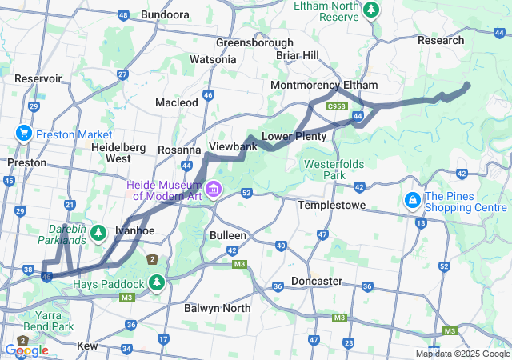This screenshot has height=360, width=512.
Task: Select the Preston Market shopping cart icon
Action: pyautogui.click(x=22, y=134)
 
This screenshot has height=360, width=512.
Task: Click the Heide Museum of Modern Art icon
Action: pyautogui.click(x=214, y=190)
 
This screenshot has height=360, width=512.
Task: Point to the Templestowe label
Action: pyautogui.click(x=331, y=206)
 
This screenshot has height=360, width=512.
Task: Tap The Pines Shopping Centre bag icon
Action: pyautogui.click(x=412, y=198)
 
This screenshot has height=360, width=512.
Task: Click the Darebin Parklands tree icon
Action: pyautogui.click(x=98, y=233)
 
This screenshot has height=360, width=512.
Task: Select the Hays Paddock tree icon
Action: pyautogui.click(x=157, y=283)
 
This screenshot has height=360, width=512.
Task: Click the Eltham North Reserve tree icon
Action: pyautogui.click(x=370, y=10)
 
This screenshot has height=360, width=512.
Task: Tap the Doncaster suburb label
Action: pyautogui.click(x=316, y=281)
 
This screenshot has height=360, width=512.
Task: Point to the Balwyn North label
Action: pyautogui.click(x=217, y=308)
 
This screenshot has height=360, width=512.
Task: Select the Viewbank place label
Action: pyautogui.click(x=233, y=147)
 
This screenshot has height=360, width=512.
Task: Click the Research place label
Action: pyautogui.click(x=440, y=40)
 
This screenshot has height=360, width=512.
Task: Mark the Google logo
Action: pyautogui.click(x=26, y=350)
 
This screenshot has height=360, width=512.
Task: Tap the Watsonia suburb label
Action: pyautogui.click(x=213, y=59)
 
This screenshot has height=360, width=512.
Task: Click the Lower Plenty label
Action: pyautogui.click(x=294, y=137)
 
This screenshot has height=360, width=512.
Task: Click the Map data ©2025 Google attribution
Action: pyautogui.click(x=462, y=354)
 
